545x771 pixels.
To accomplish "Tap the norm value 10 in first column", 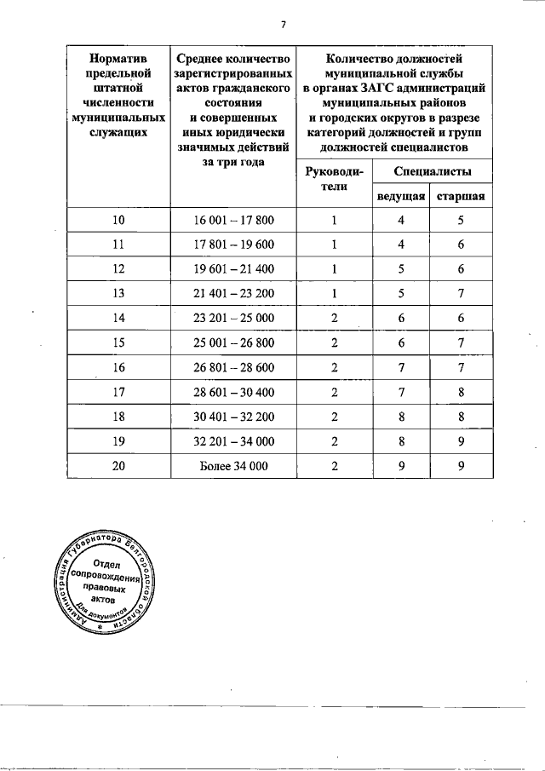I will (118, 221).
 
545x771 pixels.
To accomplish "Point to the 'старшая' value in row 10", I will (461, 221).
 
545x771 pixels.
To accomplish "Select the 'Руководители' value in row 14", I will (334, 319).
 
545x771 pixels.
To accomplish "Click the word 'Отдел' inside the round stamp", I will (106, 564).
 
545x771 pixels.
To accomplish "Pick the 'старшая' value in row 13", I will (461, 294).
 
